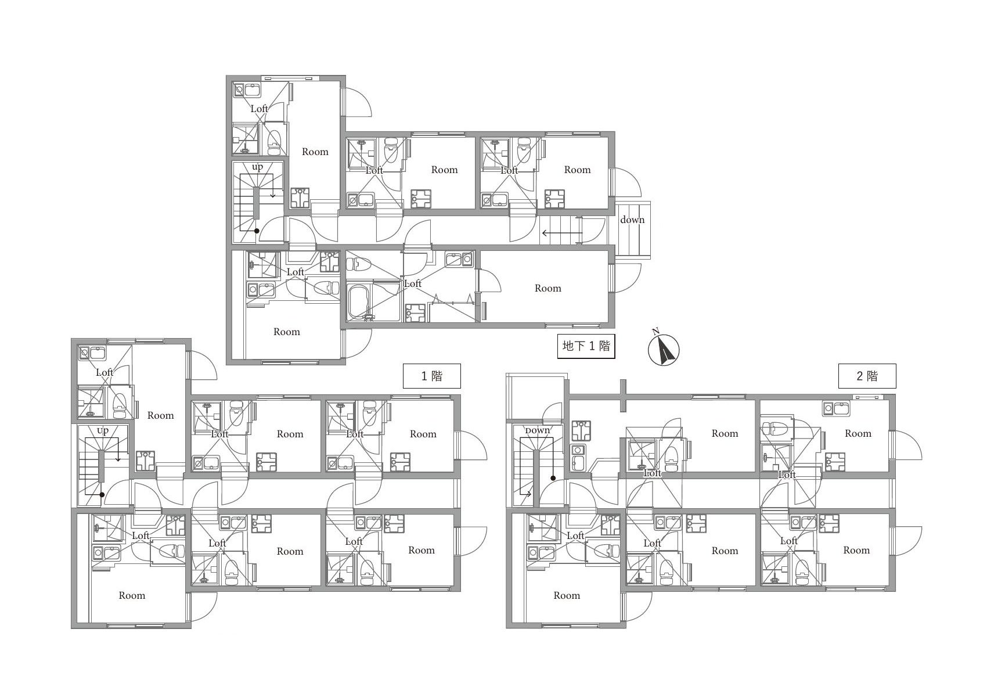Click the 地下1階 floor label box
(x=586, y=346)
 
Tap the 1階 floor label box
(x=432, y=376)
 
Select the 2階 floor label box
(x=867, y=376)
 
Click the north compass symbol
(x=664, y=348)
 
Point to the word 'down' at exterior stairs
(x=632, y=220)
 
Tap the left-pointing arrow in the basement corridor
(x=562, y=233)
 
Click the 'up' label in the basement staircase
(x=257, y=167)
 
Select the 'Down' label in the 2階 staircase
(x=537, y=430)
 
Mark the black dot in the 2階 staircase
(x=553, y=479)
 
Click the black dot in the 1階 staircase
(x=102, y=495)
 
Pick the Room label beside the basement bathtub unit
(x=547, y=288)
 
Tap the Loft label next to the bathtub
(x=412, y=283)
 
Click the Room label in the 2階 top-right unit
(x=858, y=433)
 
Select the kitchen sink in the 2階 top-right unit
(x=836, y=409)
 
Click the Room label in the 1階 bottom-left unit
(x=132, y=595)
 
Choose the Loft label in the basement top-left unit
(x=259, y=109)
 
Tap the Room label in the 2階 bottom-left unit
(x=567, y=595)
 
